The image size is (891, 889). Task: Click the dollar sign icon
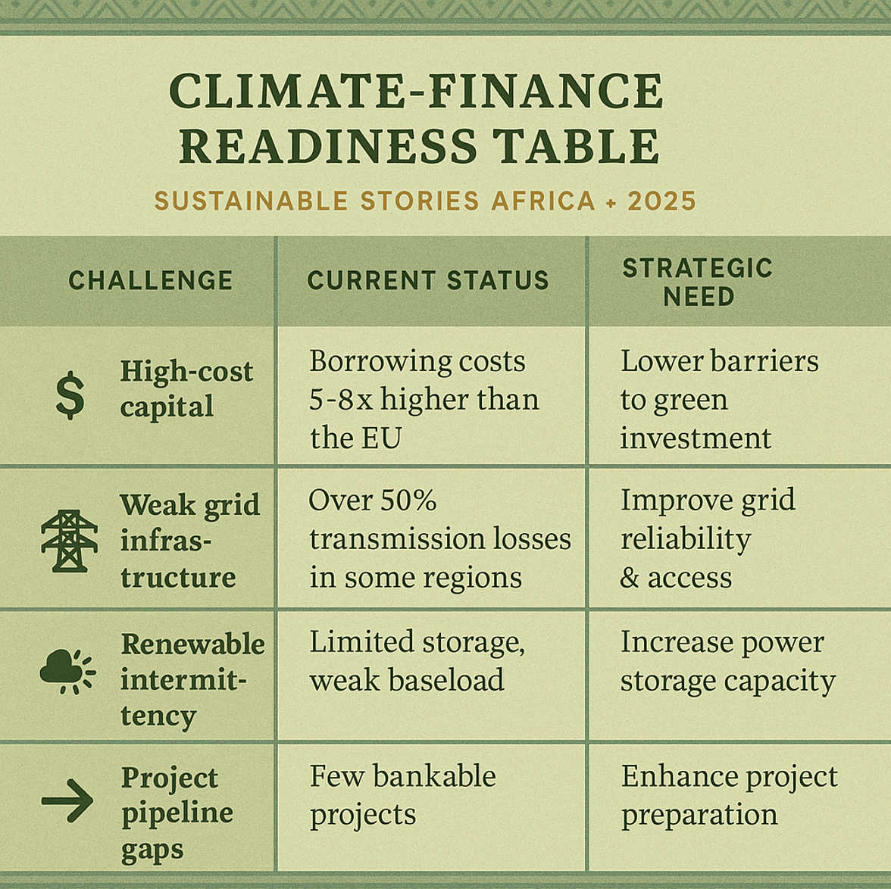[70, 395]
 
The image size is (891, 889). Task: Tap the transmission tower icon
[69, 540]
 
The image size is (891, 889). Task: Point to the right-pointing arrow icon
[67, 800]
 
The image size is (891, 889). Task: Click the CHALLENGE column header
[151, 281]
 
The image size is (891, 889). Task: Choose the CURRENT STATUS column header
[428, 281]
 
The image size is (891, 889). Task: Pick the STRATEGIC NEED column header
[698, 282]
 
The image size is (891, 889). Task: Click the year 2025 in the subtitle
[661, 201]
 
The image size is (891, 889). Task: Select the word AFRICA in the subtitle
[543, 201]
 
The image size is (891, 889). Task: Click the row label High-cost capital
[186, 388]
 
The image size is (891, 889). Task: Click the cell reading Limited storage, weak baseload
[417, 661]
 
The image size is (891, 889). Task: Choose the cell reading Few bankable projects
[402, 795]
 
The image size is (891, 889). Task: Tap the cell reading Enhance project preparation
[729, 795]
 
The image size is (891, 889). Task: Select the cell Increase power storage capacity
[727, 661]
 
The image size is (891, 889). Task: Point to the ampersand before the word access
[630, 579]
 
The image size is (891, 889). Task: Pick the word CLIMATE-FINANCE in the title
[416, 91]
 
